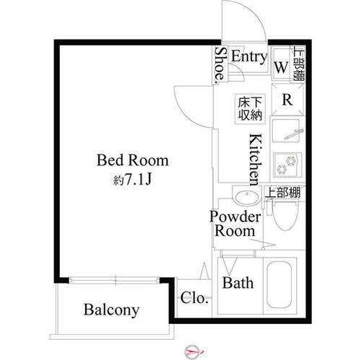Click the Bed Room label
[133, 160]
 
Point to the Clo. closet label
[194, 297]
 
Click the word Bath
[238, 283]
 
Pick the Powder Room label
[232, 224]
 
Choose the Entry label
[249, 57]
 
